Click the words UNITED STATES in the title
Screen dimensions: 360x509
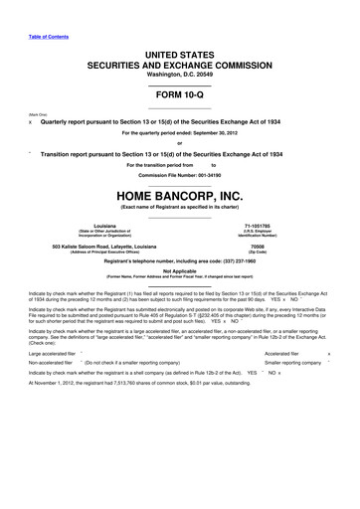tap(179, 47)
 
